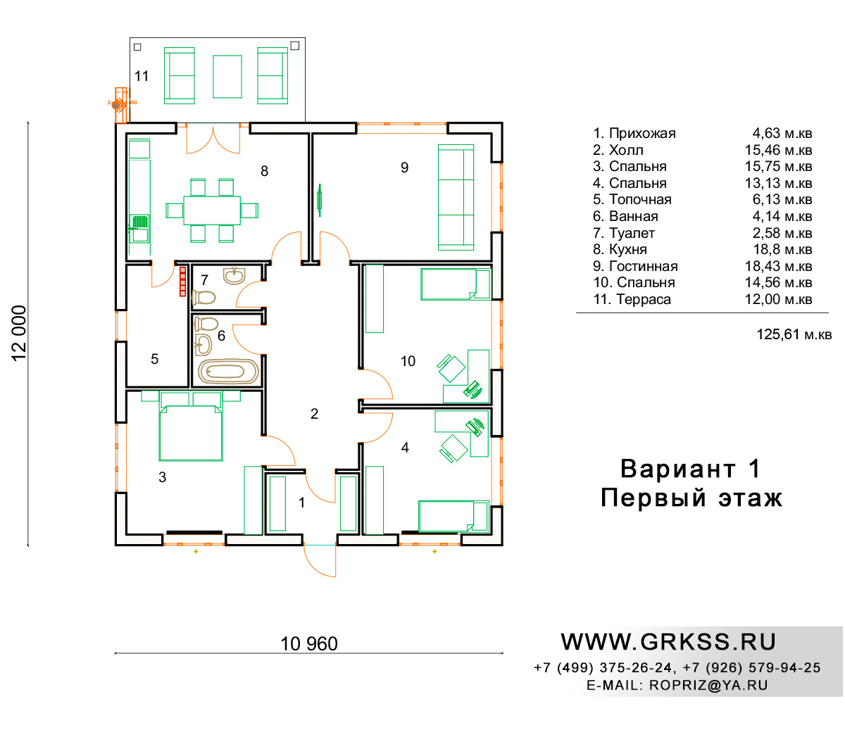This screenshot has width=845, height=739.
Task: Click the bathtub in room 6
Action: (x=228, y=372)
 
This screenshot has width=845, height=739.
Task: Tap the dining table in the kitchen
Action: (x=212, y=210)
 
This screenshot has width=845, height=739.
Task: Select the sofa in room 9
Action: (x=456, y=197)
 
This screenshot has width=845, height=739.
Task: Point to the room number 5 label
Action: (x=154, y=359)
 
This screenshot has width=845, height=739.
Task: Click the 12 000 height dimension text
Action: (x=19, y=334)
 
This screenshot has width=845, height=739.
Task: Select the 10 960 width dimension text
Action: (x=309, y=643)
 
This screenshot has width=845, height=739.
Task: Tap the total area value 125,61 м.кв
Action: (x=794, y=334)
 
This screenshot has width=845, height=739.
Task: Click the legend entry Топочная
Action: (x=632, y=199)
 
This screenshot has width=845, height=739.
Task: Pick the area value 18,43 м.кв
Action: (x=778, y=266)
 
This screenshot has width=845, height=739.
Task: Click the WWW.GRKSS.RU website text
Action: (x=668, y=642)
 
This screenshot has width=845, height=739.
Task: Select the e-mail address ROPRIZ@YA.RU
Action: (x=708, y=685)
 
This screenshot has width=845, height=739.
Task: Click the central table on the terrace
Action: (x=227, y=77)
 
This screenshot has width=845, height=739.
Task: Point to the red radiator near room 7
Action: (x=182, y=282)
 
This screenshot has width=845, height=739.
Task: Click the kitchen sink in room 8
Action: (x=139, y=228)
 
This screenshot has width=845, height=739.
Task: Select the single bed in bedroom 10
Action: (x=456, y=284)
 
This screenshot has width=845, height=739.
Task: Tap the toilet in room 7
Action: (x=204, y=297)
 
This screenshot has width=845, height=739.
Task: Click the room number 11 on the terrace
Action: (x=142, y=76)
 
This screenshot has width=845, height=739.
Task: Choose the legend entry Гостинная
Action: (x=635, y=266)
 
